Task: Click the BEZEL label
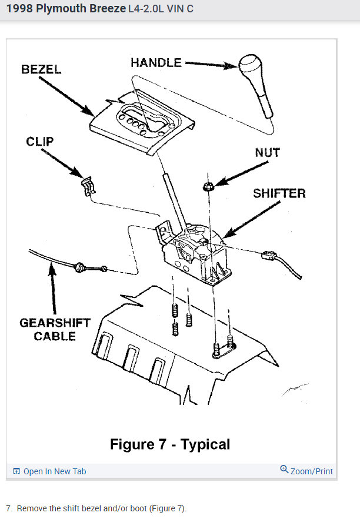pyautogui.click(x=41, y=69)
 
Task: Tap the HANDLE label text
pyautogui.click(x=156, y=62)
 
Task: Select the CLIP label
pyautogui.click(x=39, y=142)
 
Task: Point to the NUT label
pyautogui.click(x=267, y=153)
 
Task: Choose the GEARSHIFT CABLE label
pyautogui.click(x=55, y=329)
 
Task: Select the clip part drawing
pyautogui.click(x=87, y=186)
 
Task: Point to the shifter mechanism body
pyautogui.click(x=197, y=256)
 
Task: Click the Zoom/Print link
pyautogui.click(x=311, y=471)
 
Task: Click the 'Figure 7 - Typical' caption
pyautogui.click(x=170, y=444)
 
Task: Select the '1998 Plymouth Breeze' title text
pyautogui.click(x=66, y=9)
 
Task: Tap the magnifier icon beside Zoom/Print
pyautogui.click(x=284, y=470)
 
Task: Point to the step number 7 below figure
pyautogui.click(x=9, y=508)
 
